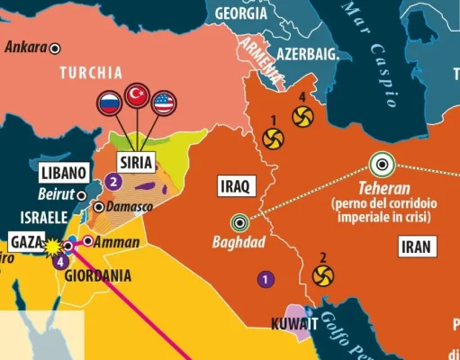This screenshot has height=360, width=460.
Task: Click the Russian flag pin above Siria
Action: [x=109, y=103]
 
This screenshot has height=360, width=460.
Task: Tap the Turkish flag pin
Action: [x=137, y=94]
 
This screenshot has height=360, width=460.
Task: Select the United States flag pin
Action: [x=165, y=103]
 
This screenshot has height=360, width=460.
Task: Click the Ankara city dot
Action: [x=55, y=48]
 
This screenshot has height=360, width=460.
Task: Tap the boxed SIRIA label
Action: [x=137, y=162]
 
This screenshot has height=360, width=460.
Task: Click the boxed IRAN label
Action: [x=416, y=246]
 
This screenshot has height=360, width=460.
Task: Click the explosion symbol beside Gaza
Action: [x=51, y=245]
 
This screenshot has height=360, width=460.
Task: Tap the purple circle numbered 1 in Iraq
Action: [x=265, y=278]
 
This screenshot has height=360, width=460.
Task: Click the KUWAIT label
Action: [x=293, y=324]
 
